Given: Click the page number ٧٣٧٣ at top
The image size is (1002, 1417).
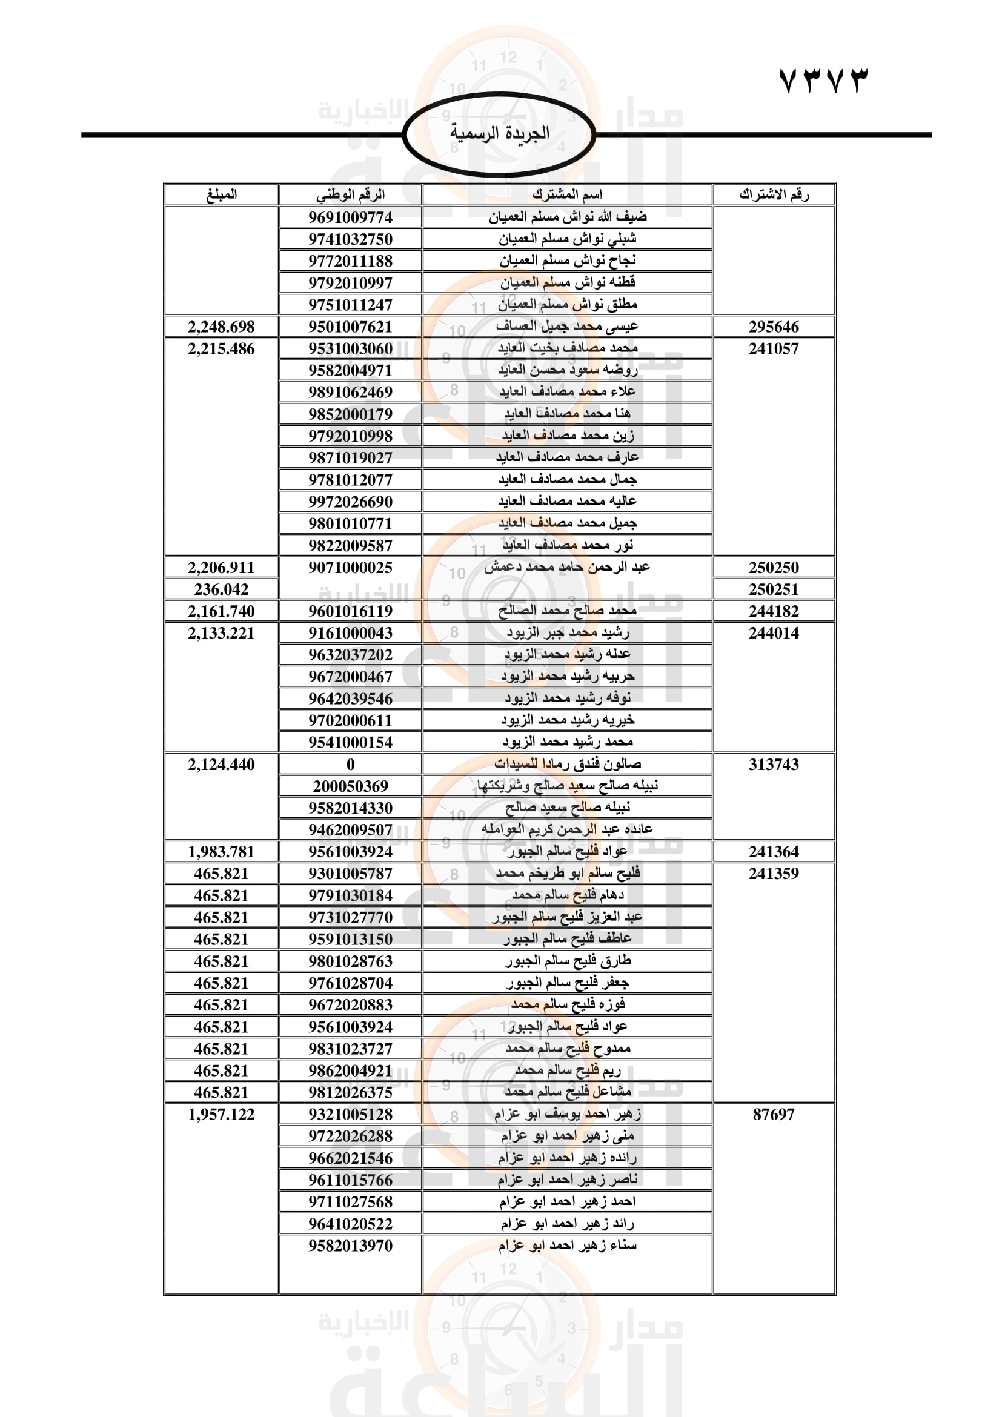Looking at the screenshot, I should [x=823, y=81].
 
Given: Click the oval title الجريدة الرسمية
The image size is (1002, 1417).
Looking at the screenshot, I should [x=499, y=133].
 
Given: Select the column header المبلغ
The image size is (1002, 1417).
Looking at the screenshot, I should [x=221, y=195].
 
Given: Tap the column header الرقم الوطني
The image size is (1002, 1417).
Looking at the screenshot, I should [x=350, y=195].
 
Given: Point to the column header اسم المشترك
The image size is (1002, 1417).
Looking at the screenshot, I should [x=567, y=195].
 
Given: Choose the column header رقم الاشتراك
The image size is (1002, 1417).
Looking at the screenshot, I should [x=774, y=195].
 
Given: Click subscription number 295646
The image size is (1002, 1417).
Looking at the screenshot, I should [x=774, y=327].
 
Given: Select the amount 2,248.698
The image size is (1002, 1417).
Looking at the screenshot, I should [x=221, y=327].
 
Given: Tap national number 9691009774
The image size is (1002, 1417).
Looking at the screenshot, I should [x=350, y=217].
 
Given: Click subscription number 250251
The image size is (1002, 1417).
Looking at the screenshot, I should [x=774, y=589].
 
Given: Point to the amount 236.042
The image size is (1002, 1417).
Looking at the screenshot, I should [x=221, y=589].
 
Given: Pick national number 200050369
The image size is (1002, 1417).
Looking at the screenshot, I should [x=350, y=786].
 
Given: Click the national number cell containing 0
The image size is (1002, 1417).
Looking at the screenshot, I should [x=350, y=765].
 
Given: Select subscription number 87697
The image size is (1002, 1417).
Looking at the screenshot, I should [x=774, y=1115].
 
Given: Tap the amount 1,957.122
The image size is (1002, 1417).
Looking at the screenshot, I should [x=221, y=1115].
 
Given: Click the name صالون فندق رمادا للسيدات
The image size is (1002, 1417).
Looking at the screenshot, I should [x=567, y=764].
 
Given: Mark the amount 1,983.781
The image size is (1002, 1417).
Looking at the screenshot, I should [x=221, y=852].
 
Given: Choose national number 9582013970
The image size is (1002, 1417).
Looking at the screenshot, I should [x=350, y=1246].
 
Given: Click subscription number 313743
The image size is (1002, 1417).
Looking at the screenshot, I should [x=774, y=765].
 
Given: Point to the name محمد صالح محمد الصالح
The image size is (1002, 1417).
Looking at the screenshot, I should [x=567, y=611].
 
